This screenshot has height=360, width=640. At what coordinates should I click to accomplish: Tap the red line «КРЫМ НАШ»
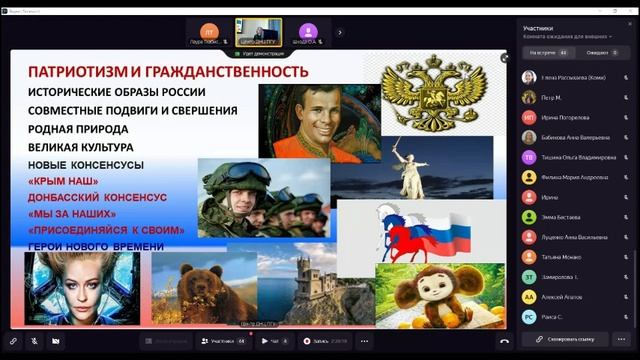coord(63,181)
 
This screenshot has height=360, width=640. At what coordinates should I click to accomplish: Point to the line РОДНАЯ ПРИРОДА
coord(78,128)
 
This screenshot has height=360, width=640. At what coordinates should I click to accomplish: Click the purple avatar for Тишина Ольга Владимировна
coord(528,157)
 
